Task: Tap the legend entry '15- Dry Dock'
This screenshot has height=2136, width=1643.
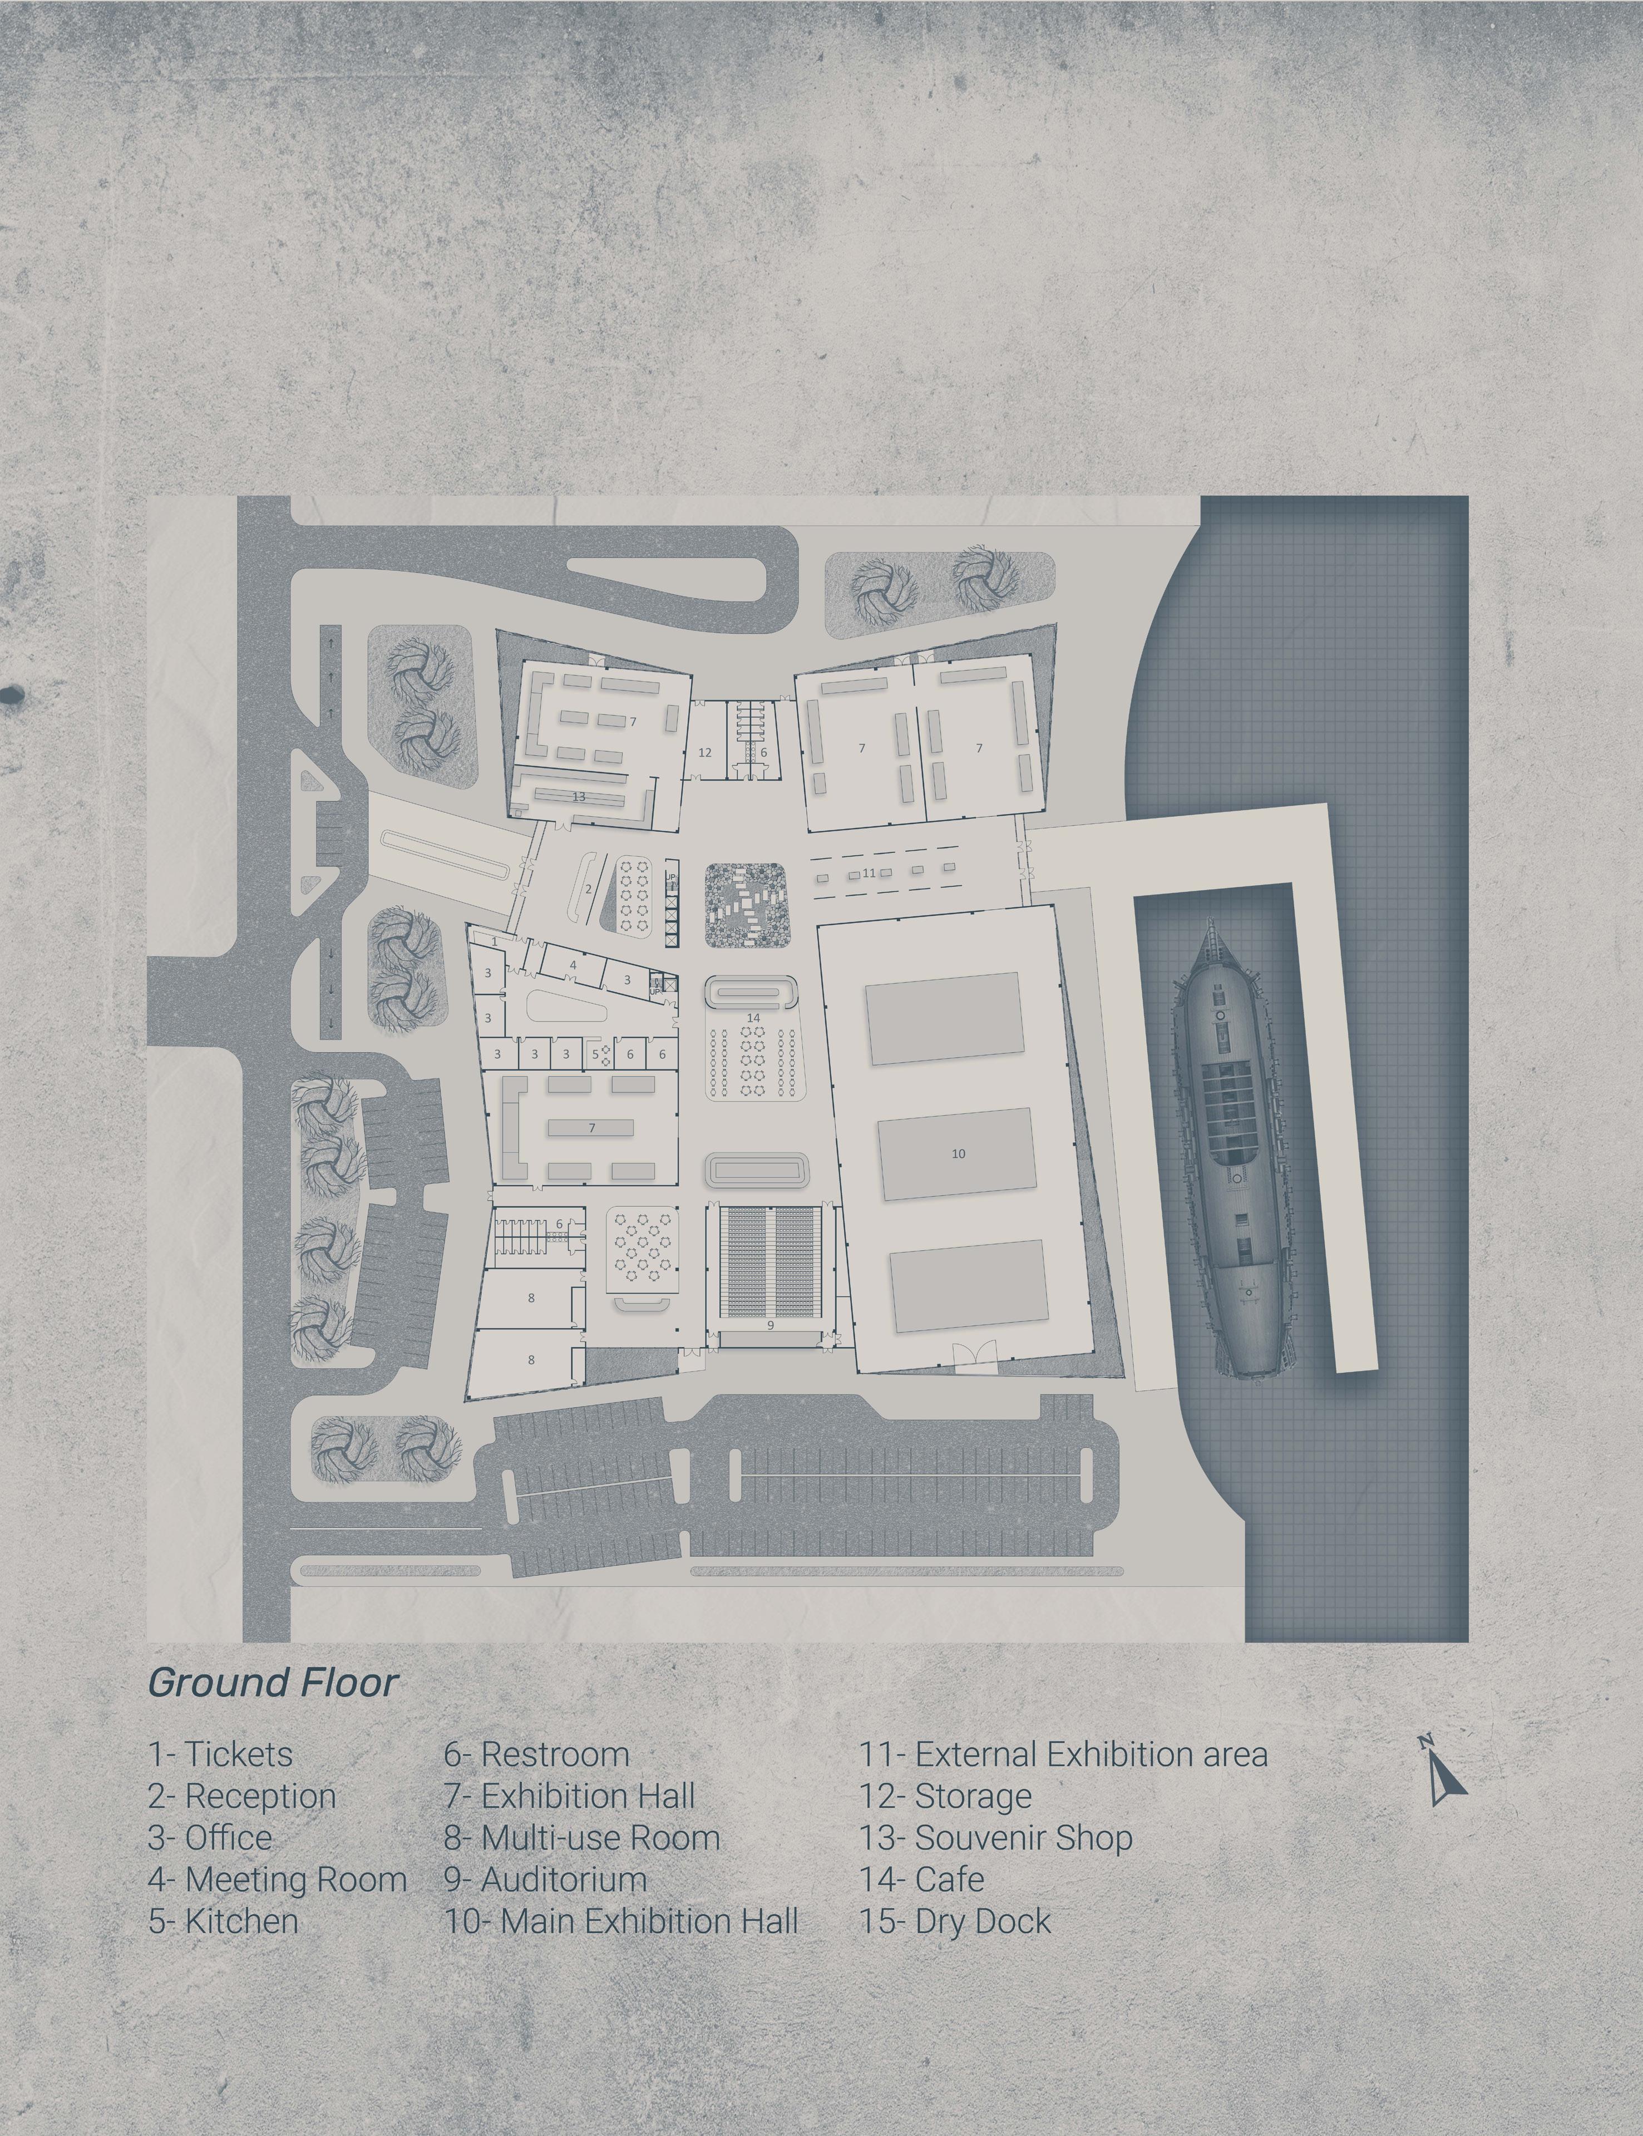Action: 955,1922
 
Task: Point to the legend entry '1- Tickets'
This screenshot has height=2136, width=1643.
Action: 220,1754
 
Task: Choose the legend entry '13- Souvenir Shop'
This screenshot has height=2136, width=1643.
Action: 995,1838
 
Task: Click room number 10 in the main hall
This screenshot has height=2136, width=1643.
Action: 959,1154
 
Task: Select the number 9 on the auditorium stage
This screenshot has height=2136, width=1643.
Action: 771,1325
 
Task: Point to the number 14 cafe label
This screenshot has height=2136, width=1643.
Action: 753,1018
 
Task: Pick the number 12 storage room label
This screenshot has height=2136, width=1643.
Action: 704,753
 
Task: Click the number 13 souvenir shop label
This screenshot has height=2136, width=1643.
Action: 579,797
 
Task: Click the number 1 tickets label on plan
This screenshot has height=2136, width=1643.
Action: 495,942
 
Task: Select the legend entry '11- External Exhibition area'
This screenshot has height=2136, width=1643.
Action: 1063,1754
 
